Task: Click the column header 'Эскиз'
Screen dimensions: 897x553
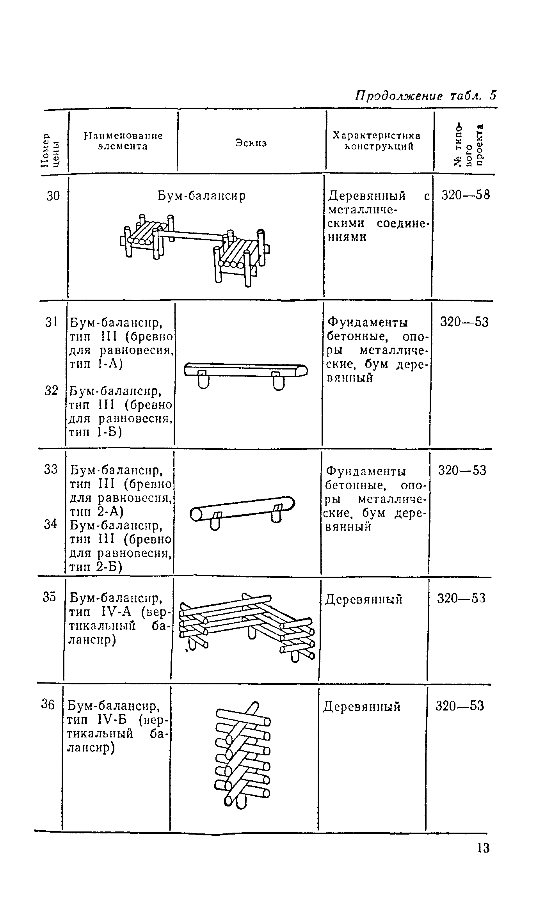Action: (x=251, y=143)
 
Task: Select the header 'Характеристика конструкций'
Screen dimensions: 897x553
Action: (x=377, y=141)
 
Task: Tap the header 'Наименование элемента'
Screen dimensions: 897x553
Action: (x=123, y=141)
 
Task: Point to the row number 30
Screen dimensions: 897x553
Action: (x=53, y=195)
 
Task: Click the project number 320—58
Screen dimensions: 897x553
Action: (x=465, y=195)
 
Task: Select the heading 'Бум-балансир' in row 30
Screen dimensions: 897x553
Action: (x=202, y=196)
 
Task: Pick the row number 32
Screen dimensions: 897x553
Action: (x=51, y=390)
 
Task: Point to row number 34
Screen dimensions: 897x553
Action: (x=50, y=524)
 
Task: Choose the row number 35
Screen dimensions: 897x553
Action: (x=50, y=597)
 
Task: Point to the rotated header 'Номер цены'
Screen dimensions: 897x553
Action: (x=51, y=150)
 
